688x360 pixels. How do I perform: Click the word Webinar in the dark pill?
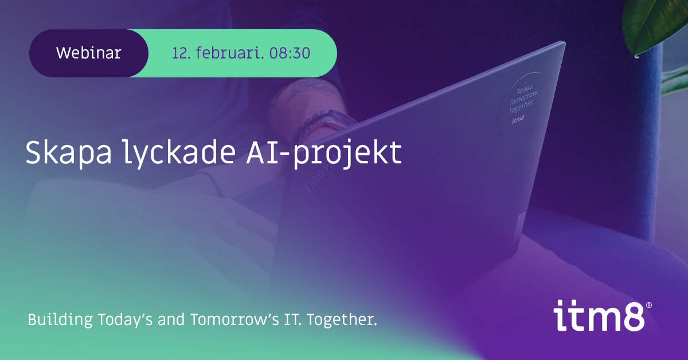coord(89,53)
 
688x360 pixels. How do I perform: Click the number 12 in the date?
coord(181,53)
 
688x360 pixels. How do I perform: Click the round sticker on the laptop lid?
coord(522,103)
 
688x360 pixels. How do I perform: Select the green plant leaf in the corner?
coord(654,26)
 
